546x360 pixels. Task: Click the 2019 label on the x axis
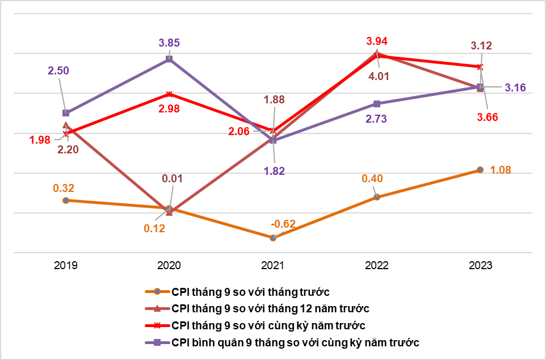click(x=66, y=265)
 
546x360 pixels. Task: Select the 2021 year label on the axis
click(x=273, y=265)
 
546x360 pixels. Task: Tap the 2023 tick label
click(x=480, y=265)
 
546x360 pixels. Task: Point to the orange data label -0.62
click(x=283, y=223)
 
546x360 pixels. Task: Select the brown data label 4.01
click(x=378, y=76)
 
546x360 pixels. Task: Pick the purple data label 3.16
click(x=515, y=87)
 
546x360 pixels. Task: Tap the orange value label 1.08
click(x=501, y=170)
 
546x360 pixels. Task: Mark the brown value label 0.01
click(x=171, y=179)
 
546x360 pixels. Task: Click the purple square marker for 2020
click(x=169, y=59)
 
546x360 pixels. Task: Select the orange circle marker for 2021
click(x=273, y=238)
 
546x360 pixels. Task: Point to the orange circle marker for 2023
click(x=480, y=170)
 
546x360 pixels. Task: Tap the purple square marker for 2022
click(x=377, y=104)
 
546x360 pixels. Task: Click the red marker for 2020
click(x=169, y=94)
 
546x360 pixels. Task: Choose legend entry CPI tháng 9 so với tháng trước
click(x=250, y=292)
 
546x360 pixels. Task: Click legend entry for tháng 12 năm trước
click(x=270, y=309)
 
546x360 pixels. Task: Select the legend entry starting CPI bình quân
click(x=295, y=343)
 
